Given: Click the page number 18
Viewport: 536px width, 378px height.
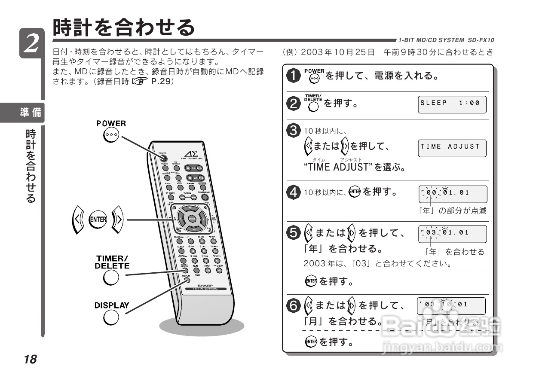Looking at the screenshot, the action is (x=31, y=359).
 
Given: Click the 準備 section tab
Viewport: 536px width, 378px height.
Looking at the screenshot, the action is (x=31, y=113).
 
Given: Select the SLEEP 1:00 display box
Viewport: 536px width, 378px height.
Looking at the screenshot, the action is (x=452, y=104).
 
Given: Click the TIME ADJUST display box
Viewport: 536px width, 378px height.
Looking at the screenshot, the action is (x=452, y=147).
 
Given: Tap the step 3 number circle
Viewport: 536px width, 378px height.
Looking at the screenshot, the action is (x=294, y=131).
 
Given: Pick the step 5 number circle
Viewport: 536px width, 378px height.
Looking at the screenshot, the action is (x=294, y=233).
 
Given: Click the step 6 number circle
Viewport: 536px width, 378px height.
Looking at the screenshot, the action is (x=294, y=306).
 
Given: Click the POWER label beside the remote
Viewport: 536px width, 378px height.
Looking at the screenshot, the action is (x=111, y=124).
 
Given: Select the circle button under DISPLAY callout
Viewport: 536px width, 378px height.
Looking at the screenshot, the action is (x=111, y=318).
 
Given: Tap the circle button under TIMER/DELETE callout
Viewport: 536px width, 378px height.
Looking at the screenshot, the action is (x=111, y=278).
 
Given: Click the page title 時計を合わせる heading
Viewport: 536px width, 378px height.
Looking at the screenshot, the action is (x=124, y=28).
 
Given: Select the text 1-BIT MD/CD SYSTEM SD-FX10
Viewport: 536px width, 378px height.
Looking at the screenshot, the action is (x=446, y=40).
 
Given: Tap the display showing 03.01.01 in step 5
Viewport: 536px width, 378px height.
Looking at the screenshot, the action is (x=452, y=234).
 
